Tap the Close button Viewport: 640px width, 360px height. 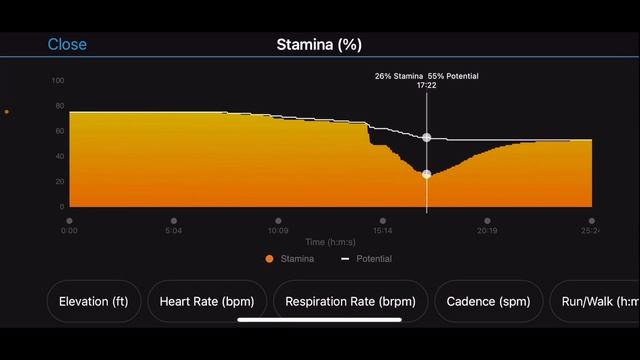pyautogui.click(x=67, y=44)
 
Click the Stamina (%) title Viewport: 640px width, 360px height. pyautogui.click(x=319, y=44)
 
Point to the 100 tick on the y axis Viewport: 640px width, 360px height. pyautogui.click(x=57, y=81)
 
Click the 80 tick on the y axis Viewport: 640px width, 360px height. pyautogui.click(x=59, y=106)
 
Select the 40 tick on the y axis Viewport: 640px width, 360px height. pyautogui.click(x=59, y=157)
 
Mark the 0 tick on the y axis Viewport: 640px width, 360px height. pyautogui.click(x=61, y=207)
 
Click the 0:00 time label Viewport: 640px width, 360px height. pyautogui.click(x=69, y=231)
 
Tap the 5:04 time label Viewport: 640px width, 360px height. pyautogui.click(x=173, y=231)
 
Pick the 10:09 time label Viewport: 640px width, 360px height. pyautogui.click(x=278, y=231)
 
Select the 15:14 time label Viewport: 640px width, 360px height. pyautogui.click(x=382, y=231)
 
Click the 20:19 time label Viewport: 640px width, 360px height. pyautogui.click(x=487, y=231)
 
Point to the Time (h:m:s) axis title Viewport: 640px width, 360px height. pyautogui.click(x=330, y=242)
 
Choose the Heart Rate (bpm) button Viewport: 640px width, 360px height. pyautogui.click(x=207, y=301)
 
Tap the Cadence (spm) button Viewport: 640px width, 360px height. pyautogui.click(x=488, y=301)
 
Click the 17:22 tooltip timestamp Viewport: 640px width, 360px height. pyautogui.click(x=426, y=86)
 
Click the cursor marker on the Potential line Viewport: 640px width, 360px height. pyautogui.click(x=427, y=137)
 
